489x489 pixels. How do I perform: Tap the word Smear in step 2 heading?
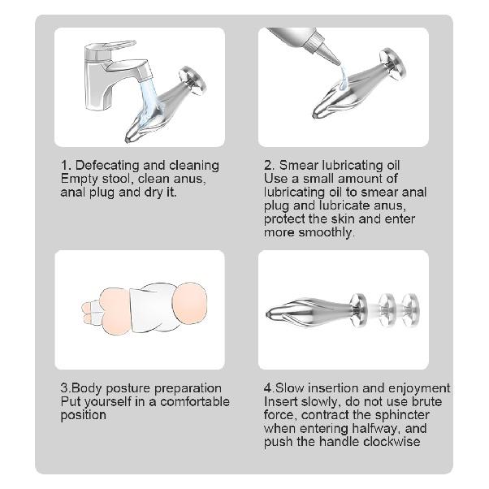tap(300, 165)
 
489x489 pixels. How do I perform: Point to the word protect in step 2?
tap(286, 219)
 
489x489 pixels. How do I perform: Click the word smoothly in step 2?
tap(326, 232)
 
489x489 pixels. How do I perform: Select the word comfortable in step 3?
tap(191, 401)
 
